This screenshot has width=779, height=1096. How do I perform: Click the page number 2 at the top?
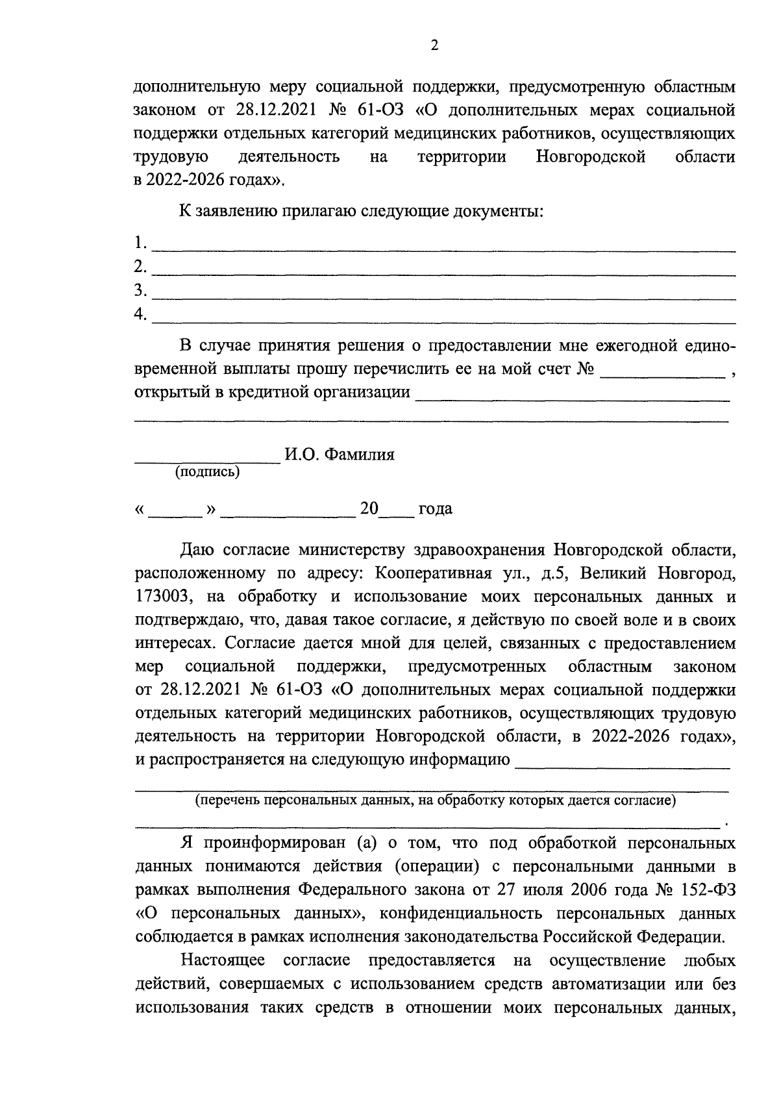434,45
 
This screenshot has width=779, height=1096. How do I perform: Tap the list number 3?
139,290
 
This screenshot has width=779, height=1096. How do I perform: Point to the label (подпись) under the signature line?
207,473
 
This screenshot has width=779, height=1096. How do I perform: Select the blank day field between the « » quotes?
176,515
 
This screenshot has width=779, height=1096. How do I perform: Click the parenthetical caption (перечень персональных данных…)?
436,801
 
